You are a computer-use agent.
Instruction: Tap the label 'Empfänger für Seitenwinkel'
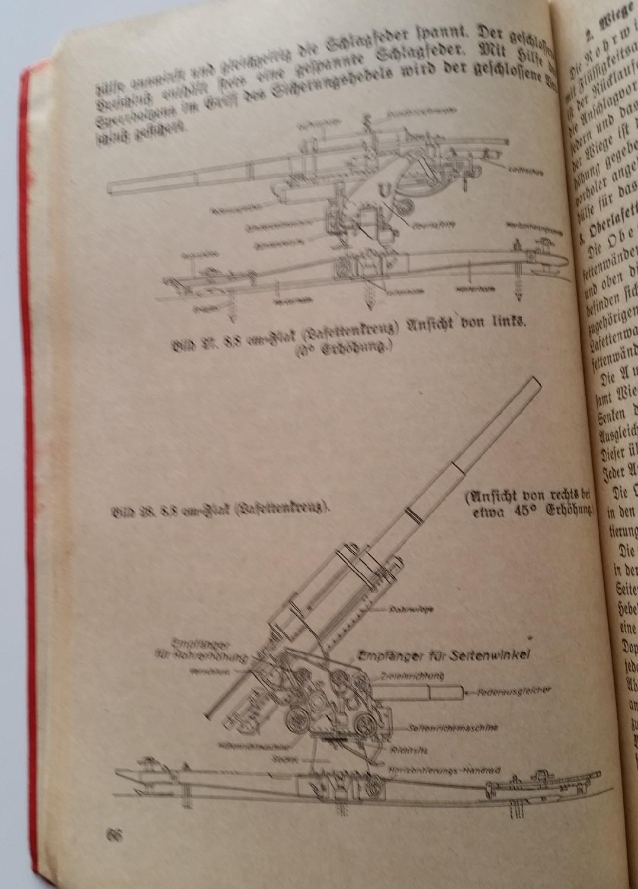coord(443,655)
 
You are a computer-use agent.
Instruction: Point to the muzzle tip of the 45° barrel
coord(534,383)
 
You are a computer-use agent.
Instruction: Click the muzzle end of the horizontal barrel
coord(112,189)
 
